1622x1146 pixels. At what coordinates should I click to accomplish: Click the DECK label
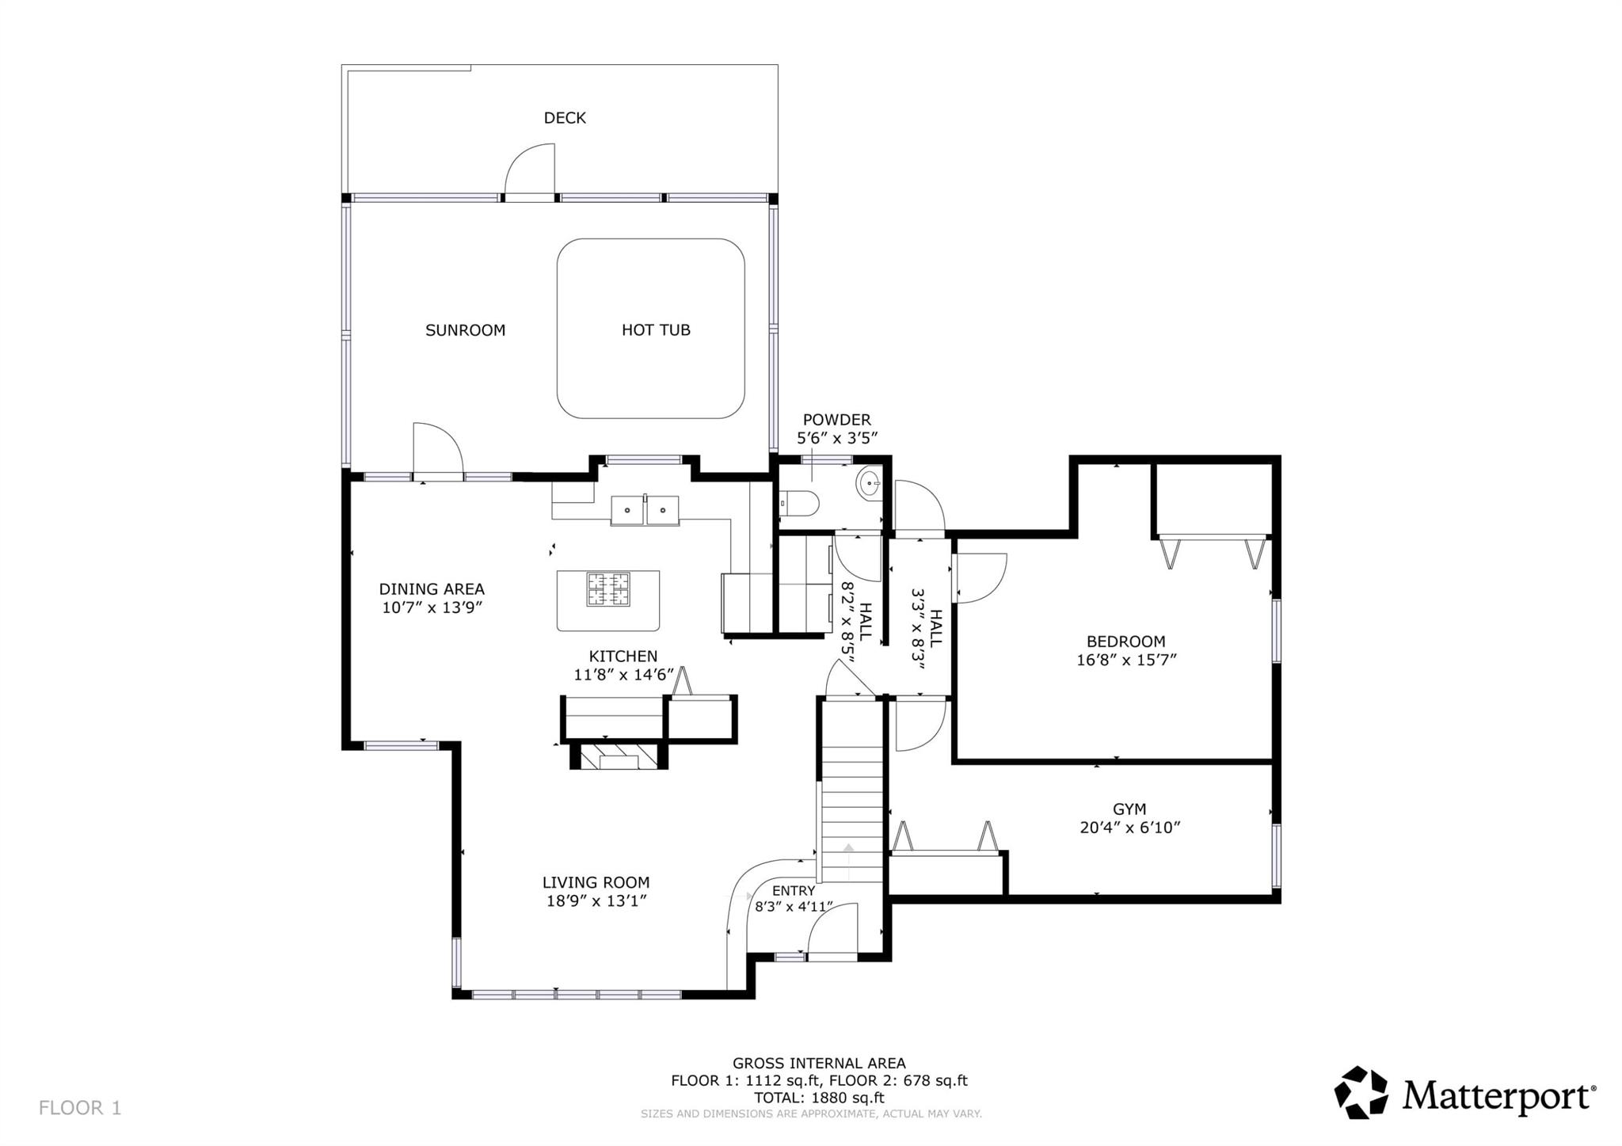[565, 118]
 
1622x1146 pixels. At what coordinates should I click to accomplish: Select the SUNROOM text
[465, 330]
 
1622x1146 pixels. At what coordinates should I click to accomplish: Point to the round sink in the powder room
[870, 482]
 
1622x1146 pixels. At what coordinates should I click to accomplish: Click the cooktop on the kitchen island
[608, 589]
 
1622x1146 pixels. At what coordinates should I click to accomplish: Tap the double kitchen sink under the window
[645, 510]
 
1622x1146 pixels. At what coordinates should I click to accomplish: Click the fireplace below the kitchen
[619, 758]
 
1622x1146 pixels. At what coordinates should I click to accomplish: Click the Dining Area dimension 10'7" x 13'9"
[432, 607]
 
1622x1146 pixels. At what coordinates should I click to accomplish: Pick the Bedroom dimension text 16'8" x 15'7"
[1125, 660]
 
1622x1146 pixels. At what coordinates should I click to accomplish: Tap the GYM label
[1129, 809]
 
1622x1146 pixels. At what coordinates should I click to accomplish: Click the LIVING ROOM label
[596, 882]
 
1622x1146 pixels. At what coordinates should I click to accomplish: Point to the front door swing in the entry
[832, 931]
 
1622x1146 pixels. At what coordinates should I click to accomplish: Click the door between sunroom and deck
[530, 169]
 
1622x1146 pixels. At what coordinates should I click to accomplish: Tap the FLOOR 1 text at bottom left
[80, 1107]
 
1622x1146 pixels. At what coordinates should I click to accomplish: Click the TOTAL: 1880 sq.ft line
[818, 1098]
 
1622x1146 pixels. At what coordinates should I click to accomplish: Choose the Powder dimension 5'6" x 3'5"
[836, 437]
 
